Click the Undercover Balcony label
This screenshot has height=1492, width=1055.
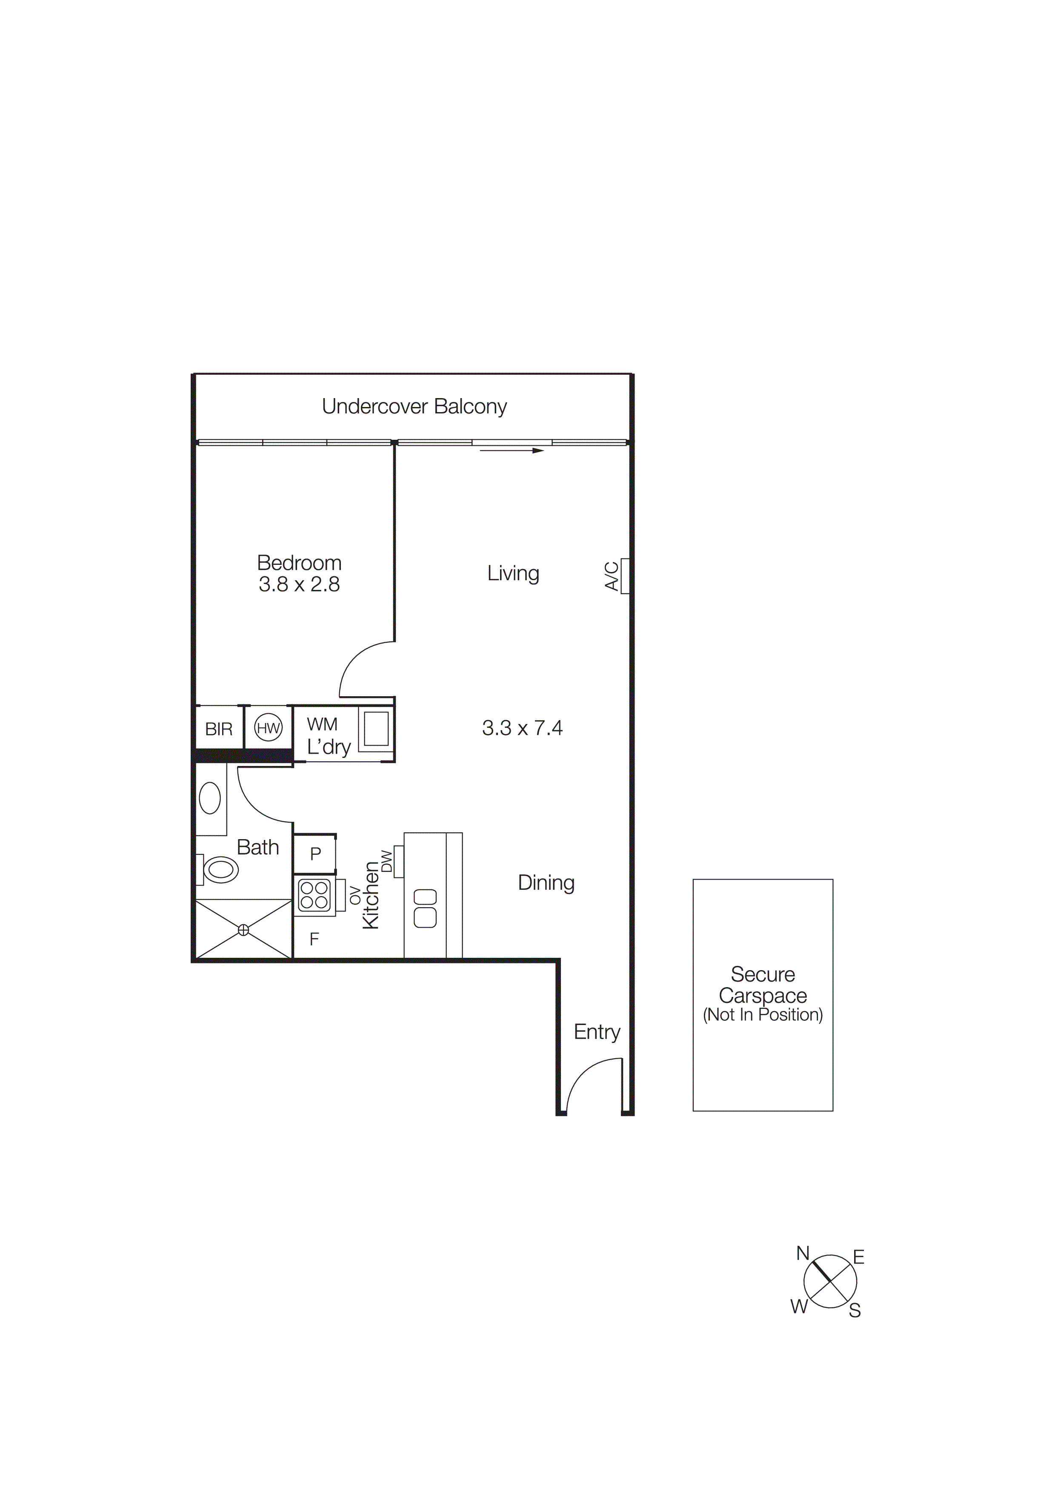(x=414, y=407)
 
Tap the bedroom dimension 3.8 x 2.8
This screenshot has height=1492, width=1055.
(x=299, y=585)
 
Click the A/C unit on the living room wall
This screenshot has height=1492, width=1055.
(x=625, y=576)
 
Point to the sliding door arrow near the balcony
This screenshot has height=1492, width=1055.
(x=512, y=450)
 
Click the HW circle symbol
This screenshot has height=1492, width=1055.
(x=268, y=728)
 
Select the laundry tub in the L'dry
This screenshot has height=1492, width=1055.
(x=376, y=729)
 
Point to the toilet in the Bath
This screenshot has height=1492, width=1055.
(x=219, y=869)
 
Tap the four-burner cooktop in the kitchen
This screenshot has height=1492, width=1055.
(x=314, y=895)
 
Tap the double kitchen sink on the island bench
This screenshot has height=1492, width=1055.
(x=425, y=908)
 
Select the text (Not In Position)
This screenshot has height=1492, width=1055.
(x=763, y=1015)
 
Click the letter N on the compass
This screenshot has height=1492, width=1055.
(x=803, y=1253)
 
